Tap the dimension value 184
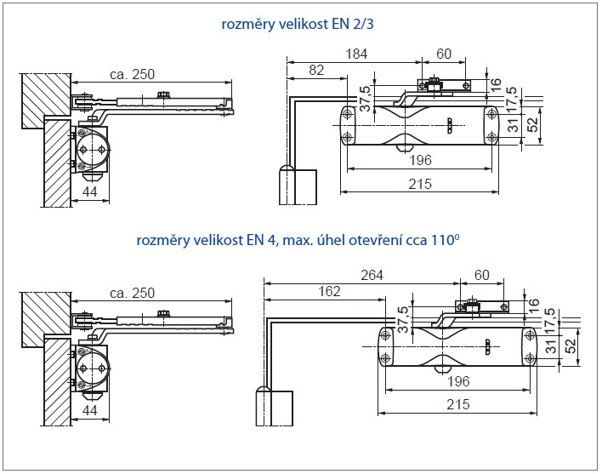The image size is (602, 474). tap(356, 54)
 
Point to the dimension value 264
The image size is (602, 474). tap(371, 275)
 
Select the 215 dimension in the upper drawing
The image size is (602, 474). tap(417, 184)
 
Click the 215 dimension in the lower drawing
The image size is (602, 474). tap(456, 404)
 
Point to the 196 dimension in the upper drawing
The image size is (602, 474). tap(419, 160)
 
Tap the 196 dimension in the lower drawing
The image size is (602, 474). tap(459, 380)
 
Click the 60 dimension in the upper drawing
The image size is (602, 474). tap(444, 54)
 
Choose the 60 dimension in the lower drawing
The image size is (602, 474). tap(481, 275)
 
